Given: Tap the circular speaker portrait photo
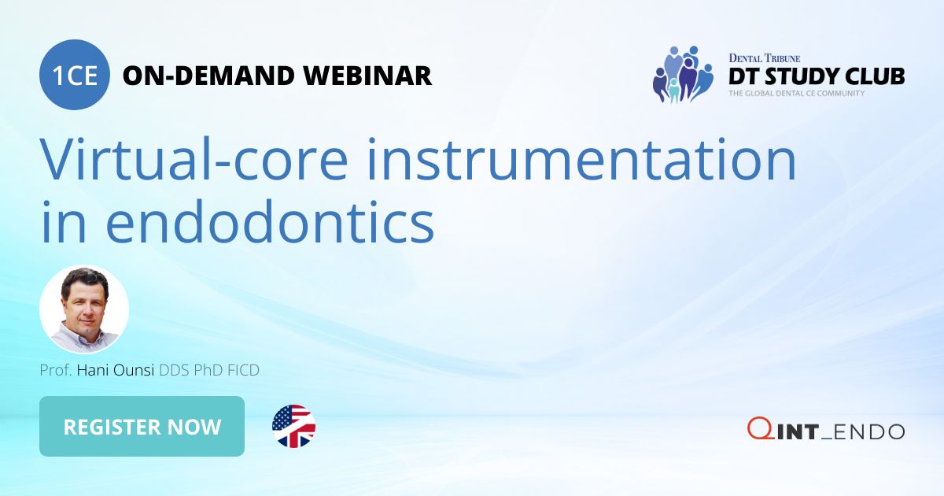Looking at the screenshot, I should [x=84, y=309].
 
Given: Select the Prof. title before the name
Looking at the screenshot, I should [x=56, y=370].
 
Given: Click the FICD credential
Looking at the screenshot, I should [x=242, y=370].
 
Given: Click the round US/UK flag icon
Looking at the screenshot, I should [x=293, y=427].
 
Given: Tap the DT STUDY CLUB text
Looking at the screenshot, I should [x=816, y=76].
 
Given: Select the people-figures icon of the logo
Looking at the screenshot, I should [x=682, y=74].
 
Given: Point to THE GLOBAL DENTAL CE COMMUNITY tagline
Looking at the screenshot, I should [x=796, y=94].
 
